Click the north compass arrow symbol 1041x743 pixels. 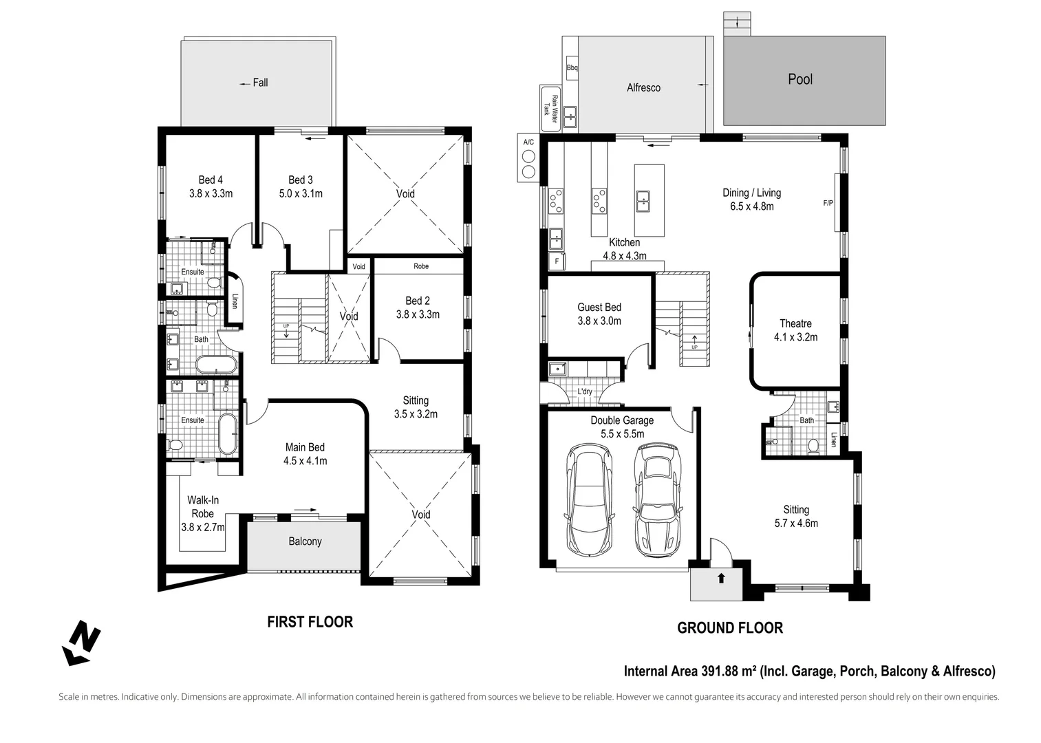[82, 643]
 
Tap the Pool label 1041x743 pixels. [799, 79]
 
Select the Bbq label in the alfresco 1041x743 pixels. [572, 68]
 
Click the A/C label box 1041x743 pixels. [528, 142]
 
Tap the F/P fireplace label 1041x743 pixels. [828, 203]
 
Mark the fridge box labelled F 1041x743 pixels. [556, 261]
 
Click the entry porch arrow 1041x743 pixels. [721, 578]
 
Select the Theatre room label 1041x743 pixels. [795, 323]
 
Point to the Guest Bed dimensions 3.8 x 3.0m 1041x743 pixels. [599, 321]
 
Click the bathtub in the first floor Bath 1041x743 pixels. [215, 365]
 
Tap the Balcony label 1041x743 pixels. [305, 541]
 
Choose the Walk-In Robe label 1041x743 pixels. [203, 507]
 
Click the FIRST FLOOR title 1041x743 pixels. [310, 622]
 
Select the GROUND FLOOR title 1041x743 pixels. [729, 627]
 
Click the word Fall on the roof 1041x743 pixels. [260, 83]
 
